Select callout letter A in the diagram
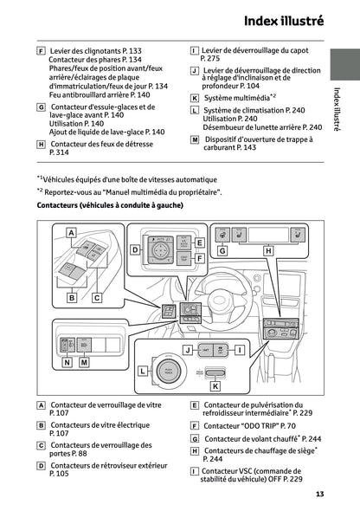pyautogui.click(x=71, y=233)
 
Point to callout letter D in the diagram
pyautogui.click(x=135, y=249)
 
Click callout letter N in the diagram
pyautogui.click(x=67, y=363)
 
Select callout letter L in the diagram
pyautogui.click(x=142, y=371)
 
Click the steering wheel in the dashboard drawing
pyautogui.click(x=221, y=295)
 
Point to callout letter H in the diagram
pyautogui.click(x=267, y=250)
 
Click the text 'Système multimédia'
pyautogui.click(x=235, y=98)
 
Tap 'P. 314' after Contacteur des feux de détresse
pyautogui.click(x=60, y=152)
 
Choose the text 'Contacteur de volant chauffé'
pyautogui.click(x=250, y=439)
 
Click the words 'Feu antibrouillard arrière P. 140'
pyautogui.click(x=100, y=95)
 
